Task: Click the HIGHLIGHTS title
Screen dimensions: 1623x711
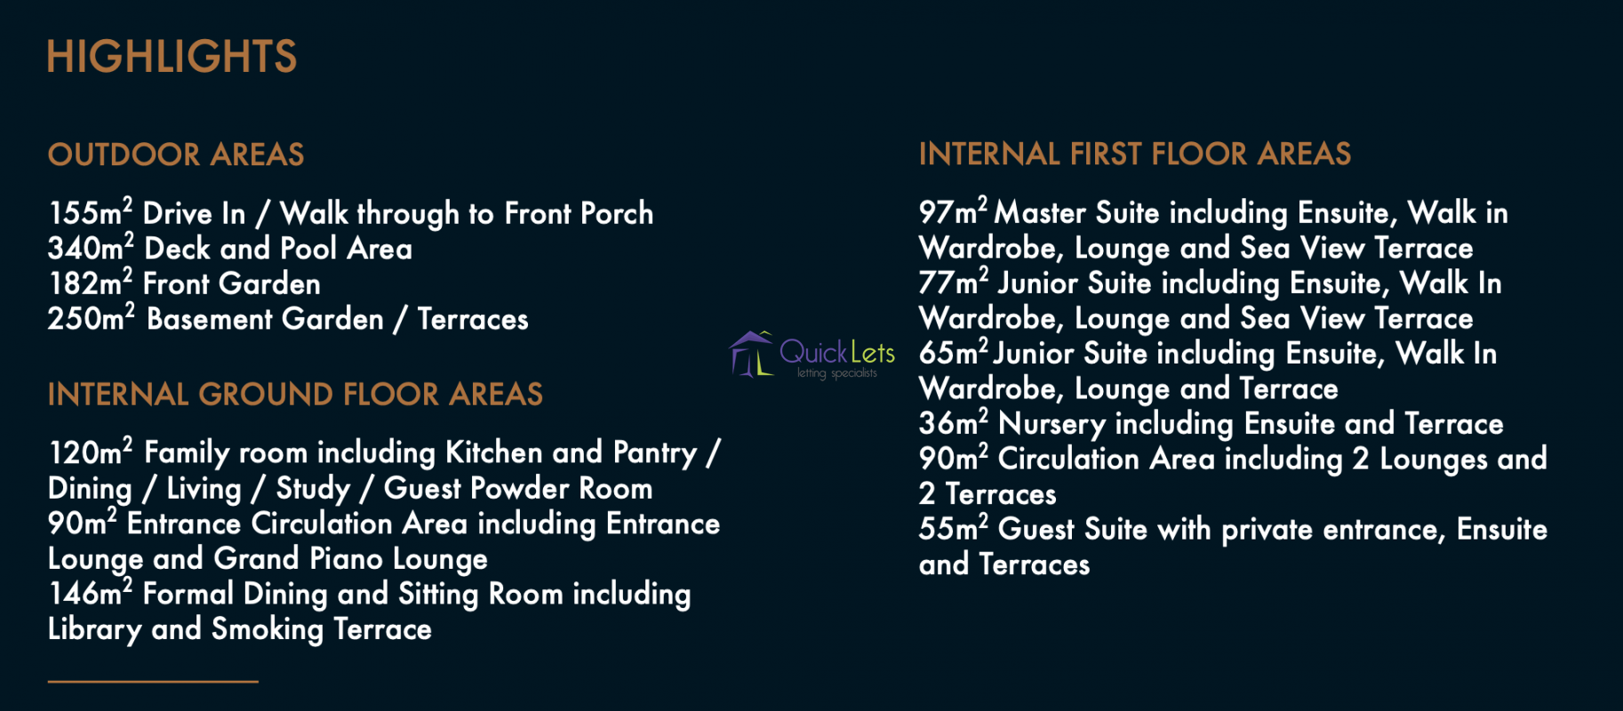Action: click(x=172, y=56)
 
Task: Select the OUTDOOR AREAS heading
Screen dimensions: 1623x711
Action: click(x=176, y=155)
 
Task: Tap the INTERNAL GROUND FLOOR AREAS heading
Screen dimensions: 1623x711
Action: click(x=295, y=395)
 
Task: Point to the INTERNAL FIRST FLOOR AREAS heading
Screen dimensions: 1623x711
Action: click(x=1135, y=154)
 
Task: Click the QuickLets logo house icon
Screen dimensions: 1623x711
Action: click(x=751, y=354)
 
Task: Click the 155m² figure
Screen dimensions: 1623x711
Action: click(x=91, y=212)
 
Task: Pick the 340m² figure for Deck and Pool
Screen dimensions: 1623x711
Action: click(x=91, y=248)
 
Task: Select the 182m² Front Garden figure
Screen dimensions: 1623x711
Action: click(x=91, y=284)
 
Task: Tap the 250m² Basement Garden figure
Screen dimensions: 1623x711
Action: click(x=92, y=318)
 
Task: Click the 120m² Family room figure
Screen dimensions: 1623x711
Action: click(x=91, y=451)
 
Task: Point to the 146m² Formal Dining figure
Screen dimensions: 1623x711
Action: click(x=91, y=593)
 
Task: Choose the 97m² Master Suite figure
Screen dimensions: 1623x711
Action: click(x=954, y=212)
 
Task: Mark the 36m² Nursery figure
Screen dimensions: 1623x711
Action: click(x=954, y=423)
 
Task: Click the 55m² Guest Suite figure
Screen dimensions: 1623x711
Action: click(x=954, y=529)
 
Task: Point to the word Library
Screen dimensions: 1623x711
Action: click(x=94, y=629)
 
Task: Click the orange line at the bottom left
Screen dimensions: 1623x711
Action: click(x=153, y=682)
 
